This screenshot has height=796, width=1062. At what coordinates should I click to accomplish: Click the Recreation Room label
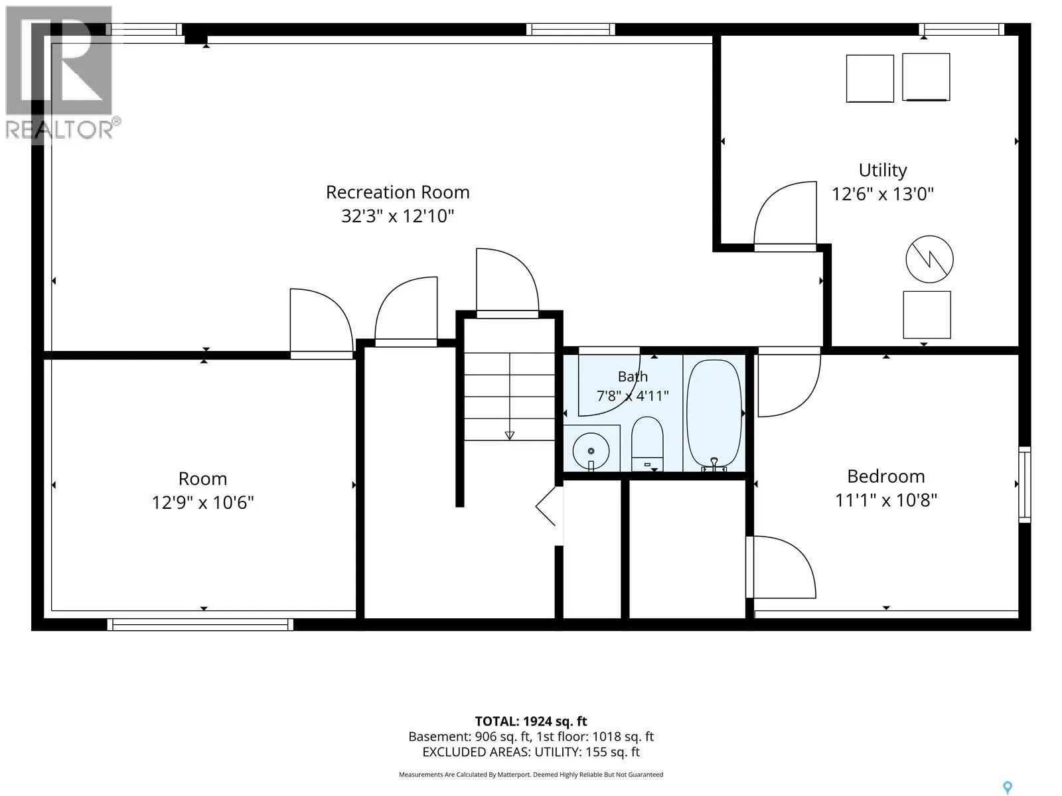[397, 192]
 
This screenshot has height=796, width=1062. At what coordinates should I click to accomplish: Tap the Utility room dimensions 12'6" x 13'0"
[883, 194]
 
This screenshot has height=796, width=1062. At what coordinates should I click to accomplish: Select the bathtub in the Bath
[714, 414]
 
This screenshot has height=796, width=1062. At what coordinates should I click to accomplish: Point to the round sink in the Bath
[591, 450]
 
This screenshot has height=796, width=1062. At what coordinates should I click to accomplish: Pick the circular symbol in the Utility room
[929, 259]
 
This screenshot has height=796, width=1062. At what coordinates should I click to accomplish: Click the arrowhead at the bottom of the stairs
[510, 435]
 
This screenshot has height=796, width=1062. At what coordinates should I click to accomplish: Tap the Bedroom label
[886, 476]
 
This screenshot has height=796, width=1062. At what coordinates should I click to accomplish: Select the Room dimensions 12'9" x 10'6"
[202, 503]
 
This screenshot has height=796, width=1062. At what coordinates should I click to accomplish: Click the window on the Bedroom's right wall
[1024, 484]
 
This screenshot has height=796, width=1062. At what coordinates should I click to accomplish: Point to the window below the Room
[200, 624]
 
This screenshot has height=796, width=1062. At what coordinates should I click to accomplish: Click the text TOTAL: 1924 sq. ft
[531, 721]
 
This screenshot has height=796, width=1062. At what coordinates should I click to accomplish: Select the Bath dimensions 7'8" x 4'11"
[633, 396]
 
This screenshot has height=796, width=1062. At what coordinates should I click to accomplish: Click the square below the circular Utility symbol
[927, 314]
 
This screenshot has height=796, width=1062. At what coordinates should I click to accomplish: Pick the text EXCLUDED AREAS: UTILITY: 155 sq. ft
[531, 752]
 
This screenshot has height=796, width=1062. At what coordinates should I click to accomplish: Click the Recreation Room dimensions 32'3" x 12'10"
[397, 216]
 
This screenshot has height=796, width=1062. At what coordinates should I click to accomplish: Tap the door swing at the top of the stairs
[507, 281]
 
